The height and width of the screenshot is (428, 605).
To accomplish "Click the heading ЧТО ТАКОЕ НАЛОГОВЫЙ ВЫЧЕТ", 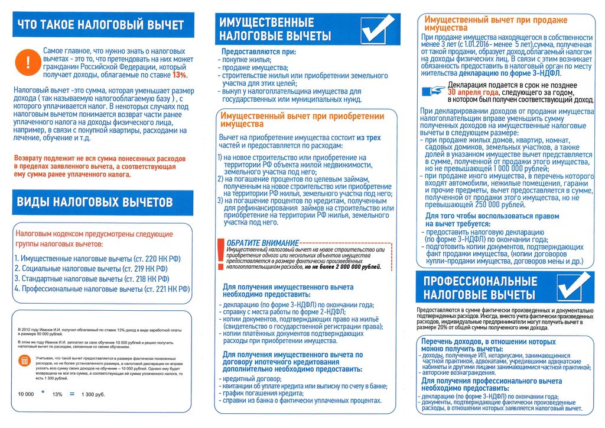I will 100,25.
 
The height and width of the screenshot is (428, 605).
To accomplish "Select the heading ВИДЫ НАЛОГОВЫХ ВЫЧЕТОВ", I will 95,202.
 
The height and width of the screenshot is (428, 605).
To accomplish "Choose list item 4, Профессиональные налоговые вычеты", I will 102,289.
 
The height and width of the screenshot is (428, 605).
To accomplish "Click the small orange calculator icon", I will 25,361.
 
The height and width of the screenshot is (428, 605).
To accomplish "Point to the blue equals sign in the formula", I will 72,394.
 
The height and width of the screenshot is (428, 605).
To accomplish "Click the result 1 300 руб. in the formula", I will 93,394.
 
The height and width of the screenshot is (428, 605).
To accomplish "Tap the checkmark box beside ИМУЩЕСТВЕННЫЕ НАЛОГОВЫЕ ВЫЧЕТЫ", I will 377,28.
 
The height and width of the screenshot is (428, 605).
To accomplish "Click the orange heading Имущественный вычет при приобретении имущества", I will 301,120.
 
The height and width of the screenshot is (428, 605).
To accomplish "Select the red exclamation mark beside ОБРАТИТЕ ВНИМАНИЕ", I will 221,252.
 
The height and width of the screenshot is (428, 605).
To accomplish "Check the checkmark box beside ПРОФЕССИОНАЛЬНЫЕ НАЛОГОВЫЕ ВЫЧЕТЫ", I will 574,287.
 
